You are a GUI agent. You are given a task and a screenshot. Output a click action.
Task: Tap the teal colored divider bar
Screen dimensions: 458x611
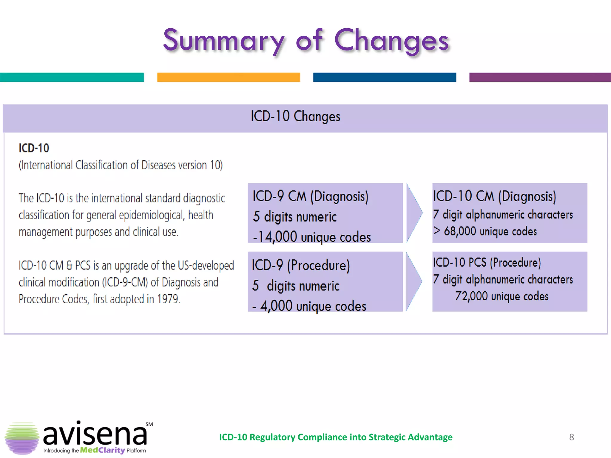[x=72, y=77]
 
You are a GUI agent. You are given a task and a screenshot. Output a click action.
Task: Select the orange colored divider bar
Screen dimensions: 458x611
[x=228, y=77]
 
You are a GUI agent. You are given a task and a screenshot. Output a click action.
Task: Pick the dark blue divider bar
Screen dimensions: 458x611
[x=384, y=77]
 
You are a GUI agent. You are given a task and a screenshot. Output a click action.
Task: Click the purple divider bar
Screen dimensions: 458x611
[x=539, y=77]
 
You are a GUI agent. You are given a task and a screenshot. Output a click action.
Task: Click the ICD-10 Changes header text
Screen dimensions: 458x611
[x=295, y=116]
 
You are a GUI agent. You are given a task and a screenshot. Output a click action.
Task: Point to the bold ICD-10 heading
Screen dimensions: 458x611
[x=34, y=148]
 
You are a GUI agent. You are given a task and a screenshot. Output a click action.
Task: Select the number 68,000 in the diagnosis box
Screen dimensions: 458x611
[x=460, y=231]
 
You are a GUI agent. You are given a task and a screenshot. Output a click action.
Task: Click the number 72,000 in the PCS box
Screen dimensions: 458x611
[x=471, y=296]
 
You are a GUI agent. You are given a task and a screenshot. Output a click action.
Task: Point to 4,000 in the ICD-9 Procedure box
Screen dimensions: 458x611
[x=276, y=306]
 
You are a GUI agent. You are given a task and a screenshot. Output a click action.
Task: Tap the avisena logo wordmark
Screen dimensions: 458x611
[x=95, y=434]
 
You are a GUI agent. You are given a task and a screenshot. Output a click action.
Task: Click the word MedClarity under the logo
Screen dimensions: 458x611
[x=102, y=450]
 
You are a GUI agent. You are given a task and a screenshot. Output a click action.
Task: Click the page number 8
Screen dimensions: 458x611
[x=571, y=437]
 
